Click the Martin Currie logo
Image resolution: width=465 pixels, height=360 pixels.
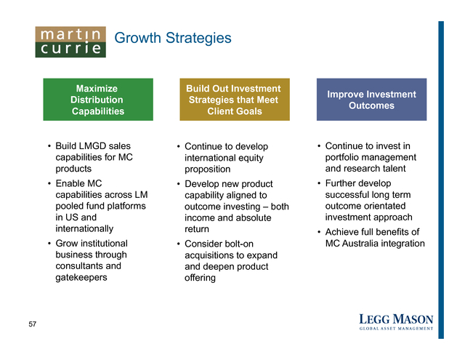point(70,42)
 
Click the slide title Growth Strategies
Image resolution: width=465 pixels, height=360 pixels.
point(173,38)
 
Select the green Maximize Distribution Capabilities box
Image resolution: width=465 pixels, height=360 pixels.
point(98,100)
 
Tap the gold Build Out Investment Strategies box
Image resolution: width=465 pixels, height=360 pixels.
point(235,100)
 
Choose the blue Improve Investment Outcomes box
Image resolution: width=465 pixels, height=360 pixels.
point(371,100)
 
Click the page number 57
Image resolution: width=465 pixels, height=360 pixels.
point(32,324)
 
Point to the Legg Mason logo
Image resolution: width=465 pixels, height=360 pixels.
point(396,322)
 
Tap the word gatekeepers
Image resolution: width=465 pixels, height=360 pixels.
point(81,278)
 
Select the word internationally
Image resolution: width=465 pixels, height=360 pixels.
point(84,229)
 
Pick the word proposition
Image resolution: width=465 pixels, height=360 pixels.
point(208,169)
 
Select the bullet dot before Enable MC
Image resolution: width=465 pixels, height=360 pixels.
point(49,184)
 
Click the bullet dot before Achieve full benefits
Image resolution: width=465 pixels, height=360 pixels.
point(319,232)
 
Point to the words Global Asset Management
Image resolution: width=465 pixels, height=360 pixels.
point(396,329)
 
